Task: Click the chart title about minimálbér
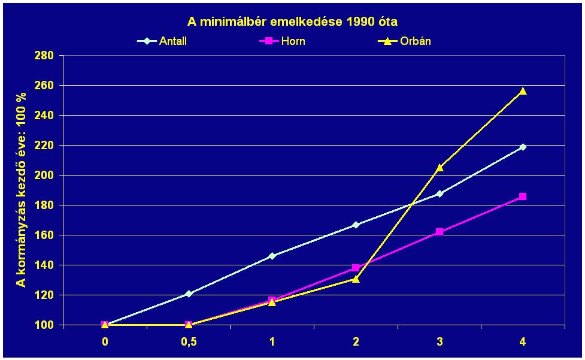point(292,22)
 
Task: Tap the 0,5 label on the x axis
point(189,341)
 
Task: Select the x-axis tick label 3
point(439,341)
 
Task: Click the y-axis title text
point(22,189)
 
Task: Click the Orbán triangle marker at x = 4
point(523,91)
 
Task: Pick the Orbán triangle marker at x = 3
point(439,168)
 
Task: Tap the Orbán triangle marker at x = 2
point(356,279)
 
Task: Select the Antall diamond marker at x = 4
point(523,147)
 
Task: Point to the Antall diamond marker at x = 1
point(272,256)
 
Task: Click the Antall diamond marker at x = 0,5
point(189,294)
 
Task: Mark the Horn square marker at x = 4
point(523,196)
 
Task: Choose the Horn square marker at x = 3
point(439,231)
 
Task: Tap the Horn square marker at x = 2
point(356,268)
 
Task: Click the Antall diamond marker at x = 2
point(356,225)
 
